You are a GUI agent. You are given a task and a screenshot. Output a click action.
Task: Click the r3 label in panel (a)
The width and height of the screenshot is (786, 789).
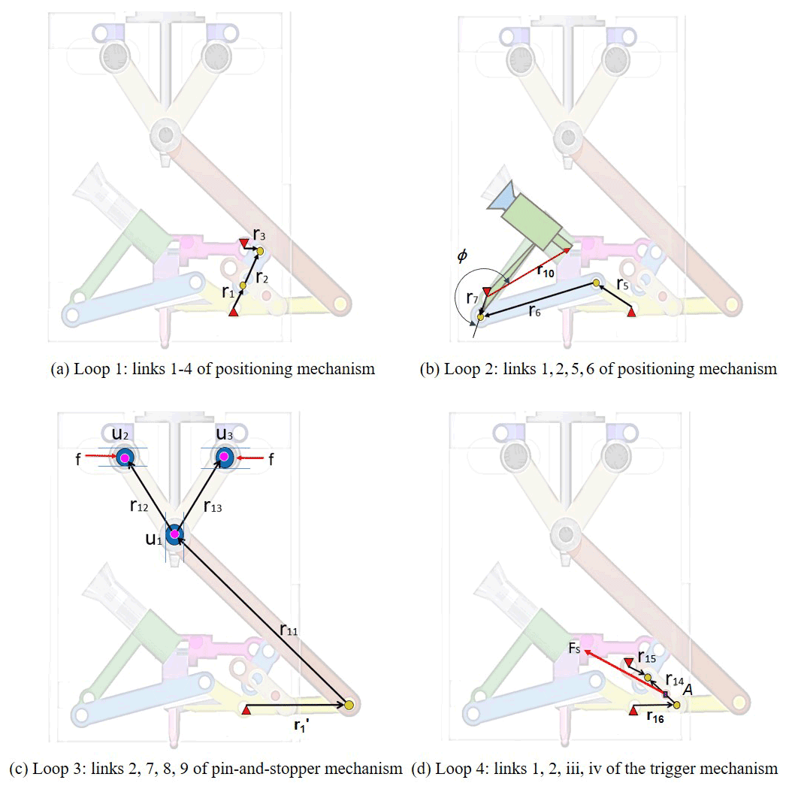(259, 236)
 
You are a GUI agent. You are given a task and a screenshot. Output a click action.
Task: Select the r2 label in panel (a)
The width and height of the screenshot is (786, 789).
(261, 277)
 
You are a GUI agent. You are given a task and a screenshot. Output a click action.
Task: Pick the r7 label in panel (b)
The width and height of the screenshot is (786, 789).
(470, 299)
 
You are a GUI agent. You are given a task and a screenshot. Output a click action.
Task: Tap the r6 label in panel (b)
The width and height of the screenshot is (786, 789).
(534, 311)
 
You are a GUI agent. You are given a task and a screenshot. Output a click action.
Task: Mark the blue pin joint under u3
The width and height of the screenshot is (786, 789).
(224, 456)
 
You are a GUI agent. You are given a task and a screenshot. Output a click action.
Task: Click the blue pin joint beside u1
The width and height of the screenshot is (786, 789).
(174, 534)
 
